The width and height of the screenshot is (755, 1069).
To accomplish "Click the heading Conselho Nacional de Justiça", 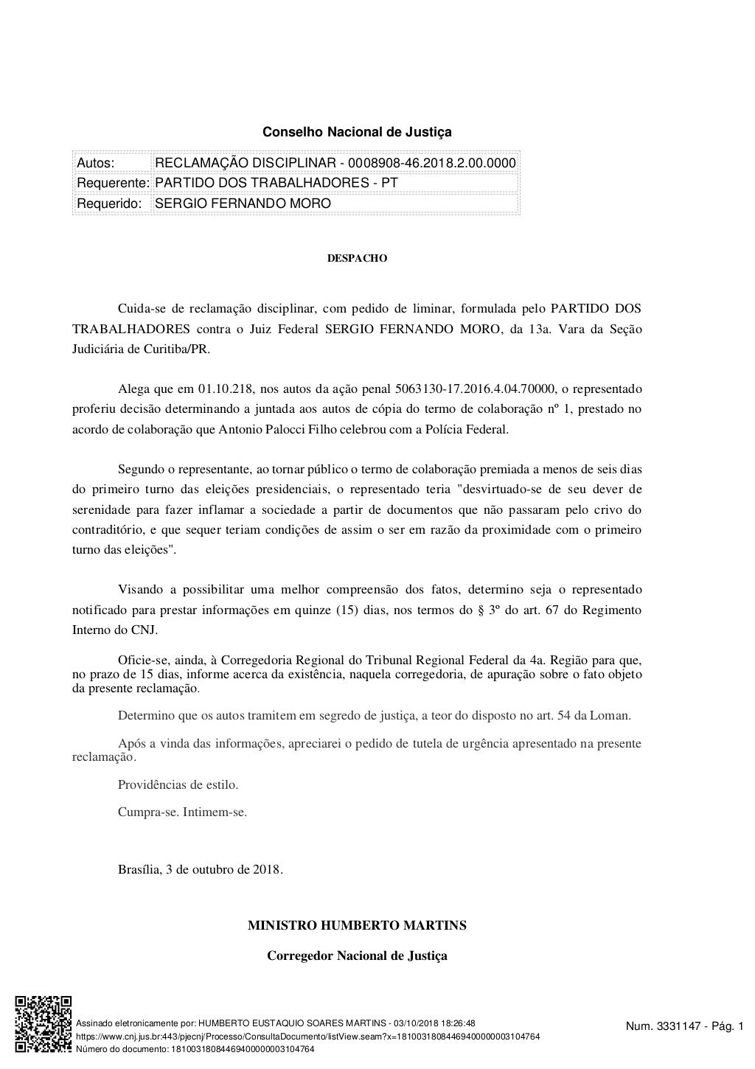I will [x=358, y=133].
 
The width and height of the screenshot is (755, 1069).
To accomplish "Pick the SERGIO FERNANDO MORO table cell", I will [x=243, y=203].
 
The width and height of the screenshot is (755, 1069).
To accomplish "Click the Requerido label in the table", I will [x=110, y=203].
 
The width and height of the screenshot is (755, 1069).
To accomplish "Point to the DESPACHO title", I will [x=358, y=259].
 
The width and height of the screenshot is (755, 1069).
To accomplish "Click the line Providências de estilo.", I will [x=178, y=784].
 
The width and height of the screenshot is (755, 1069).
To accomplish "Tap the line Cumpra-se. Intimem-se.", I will [x=182, y=812].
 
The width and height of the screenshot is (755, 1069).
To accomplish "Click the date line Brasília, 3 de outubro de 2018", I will [x=201, y=869].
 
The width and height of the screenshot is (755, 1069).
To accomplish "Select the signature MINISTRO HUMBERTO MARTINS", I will [x=357, y=925].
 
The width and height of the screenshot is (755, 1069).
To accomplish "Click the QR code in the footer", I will [x=44, y=1025].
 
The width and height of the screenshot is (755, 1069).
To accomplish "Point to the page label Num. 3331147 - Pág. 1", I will [x=684, y=1026].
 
